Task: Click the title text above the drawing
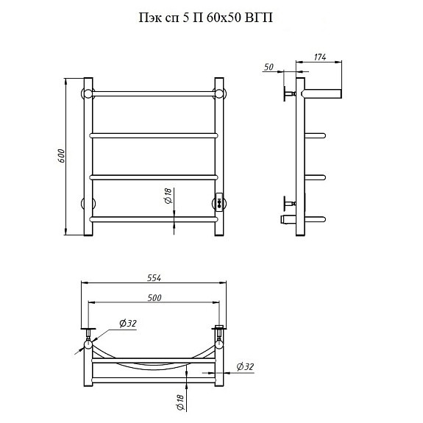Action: tap(205, 18)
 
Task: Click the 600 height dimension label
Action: tap(62, 156)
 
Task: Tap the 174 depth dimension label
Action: tap(320, 57)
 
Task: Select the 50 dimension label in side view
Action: tap(269, 67)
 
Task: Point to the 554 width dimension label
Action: tap(154, 278)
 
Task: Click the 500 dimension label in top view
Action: tap(154, 298)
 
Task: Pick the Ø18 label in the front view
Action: tap(168, 196)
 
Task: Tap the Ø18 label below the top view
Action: tap(180, 402)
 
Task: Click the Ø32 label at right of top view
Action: tap(245, 366)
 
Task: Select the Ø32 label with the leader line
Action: tap(128, 323)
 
